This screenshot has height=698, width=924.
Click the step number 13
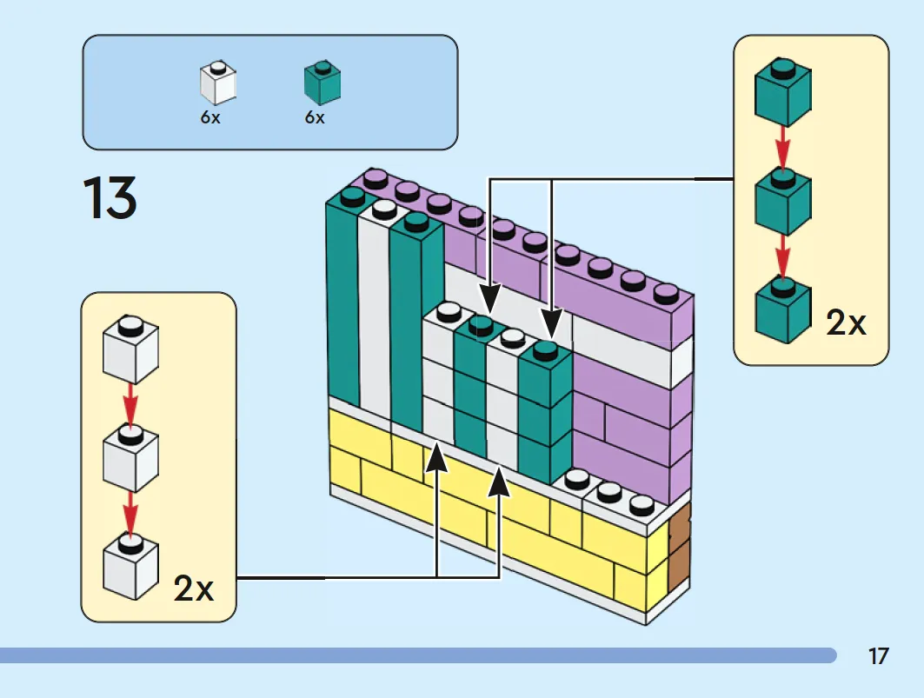(x=110, y=198)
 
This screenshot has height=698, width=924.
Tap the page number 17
(x=878, y=656)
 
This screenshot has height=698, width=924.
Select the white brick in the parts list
(x=218, y=83)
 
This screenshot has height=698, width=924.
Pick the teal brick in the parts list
(x=322, y=83)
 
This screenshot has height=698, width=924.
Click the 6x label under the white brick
(x=210, y=117)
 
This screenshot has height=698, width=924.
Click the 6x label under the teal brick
(x=315, y=117)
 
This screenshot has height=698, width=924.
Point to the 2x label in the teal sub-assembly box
(x=847, y=322)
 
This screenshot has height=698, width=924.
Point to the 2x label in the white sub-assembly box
(x=194, y=588)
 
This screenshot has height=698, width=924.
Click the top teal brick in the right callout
(x=783, y=92)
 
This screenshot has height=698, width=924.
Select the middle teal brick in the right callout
(x=783, y=203)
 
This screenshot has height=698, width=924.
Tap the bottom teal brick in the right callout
(x=783, y=310)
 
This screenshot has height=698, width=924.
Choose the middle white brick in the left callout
(x=131, y=459)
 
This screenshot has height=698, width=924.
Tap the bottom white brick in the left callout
(x=131, y=567)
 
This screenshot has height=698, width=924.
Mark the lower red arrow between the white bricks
(x=130, y=514)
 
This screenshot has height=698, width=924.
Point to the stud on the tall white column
(x=383, y=208)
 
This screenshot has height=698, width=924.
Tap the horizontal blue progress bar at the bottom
(x=418, y=655)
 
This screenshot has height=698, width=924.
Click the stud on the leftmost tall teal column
(x=352, y=196)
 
